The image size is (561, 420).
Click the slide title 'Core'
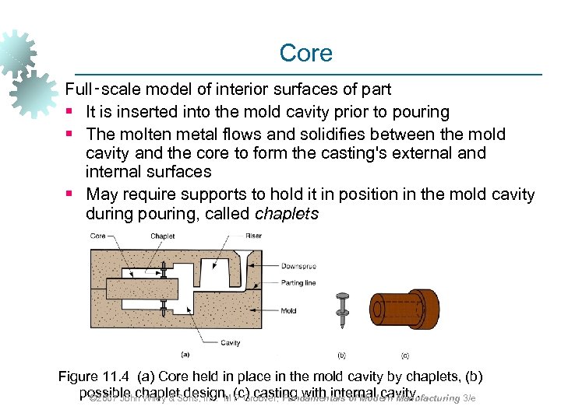coord(305,53)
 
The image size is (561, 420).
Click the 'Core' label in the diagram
coord(98,236)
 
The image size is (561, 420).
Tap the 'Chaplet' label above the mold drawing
coord(162,236)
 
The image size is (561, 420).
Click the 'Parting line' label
coord(299,283)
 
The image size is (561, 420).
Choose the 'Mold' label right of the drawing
coord(289,311)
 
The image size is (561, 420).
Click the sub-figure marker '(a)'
coord(185,355)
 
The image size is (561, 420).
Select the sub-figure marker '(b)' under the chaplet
coord(341,355)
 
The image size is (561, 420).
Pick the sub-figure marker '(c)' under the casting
coord(404,355)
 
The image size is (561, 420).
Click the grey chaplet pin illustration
coord(340,310)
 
